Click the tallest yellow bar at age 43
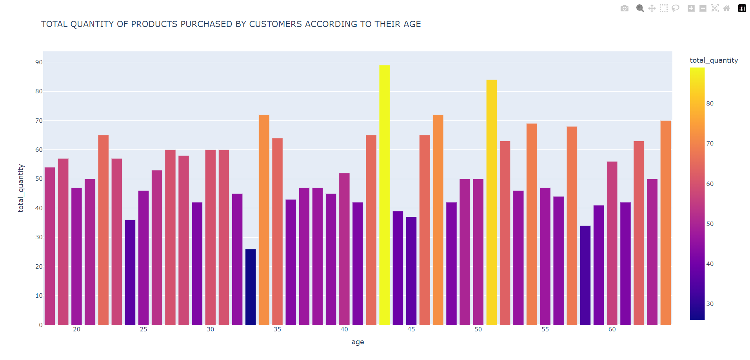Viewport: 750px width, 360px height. click(384, 196)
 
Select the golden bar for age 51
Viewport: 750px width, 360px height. click(491, 204)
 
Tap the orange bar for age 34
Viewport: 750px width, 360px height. click(264, 220)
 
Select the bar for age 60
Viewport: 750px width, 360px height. click(612, 243)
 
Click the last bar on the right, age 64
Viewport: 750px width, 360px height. click(665, 224)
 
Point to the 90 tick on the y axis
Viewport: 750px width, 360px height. click(39, 62)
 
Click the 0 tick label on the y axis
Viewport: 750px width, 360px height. click(40, 325)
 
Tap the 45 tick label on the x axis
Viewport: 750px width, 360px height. click(411, 329)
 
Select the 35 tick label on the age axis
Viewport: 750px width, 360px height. click(277, 329)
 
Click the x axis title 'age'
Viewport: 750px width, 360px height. click(358, 342)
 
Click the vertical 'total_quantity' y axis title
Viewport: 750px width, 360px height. click(21, 188)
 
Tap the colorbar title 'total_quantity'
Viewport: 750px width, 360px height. click(714, 60)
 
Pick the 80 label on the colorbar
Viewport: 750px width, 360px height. click(710, 104)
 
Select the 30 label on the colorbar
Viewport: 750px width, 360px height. click(710, 304)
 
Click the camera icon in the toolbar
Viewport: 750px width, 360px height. click(624, 8)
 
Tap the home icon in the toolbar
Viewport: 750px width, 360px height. click(726, 8)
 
